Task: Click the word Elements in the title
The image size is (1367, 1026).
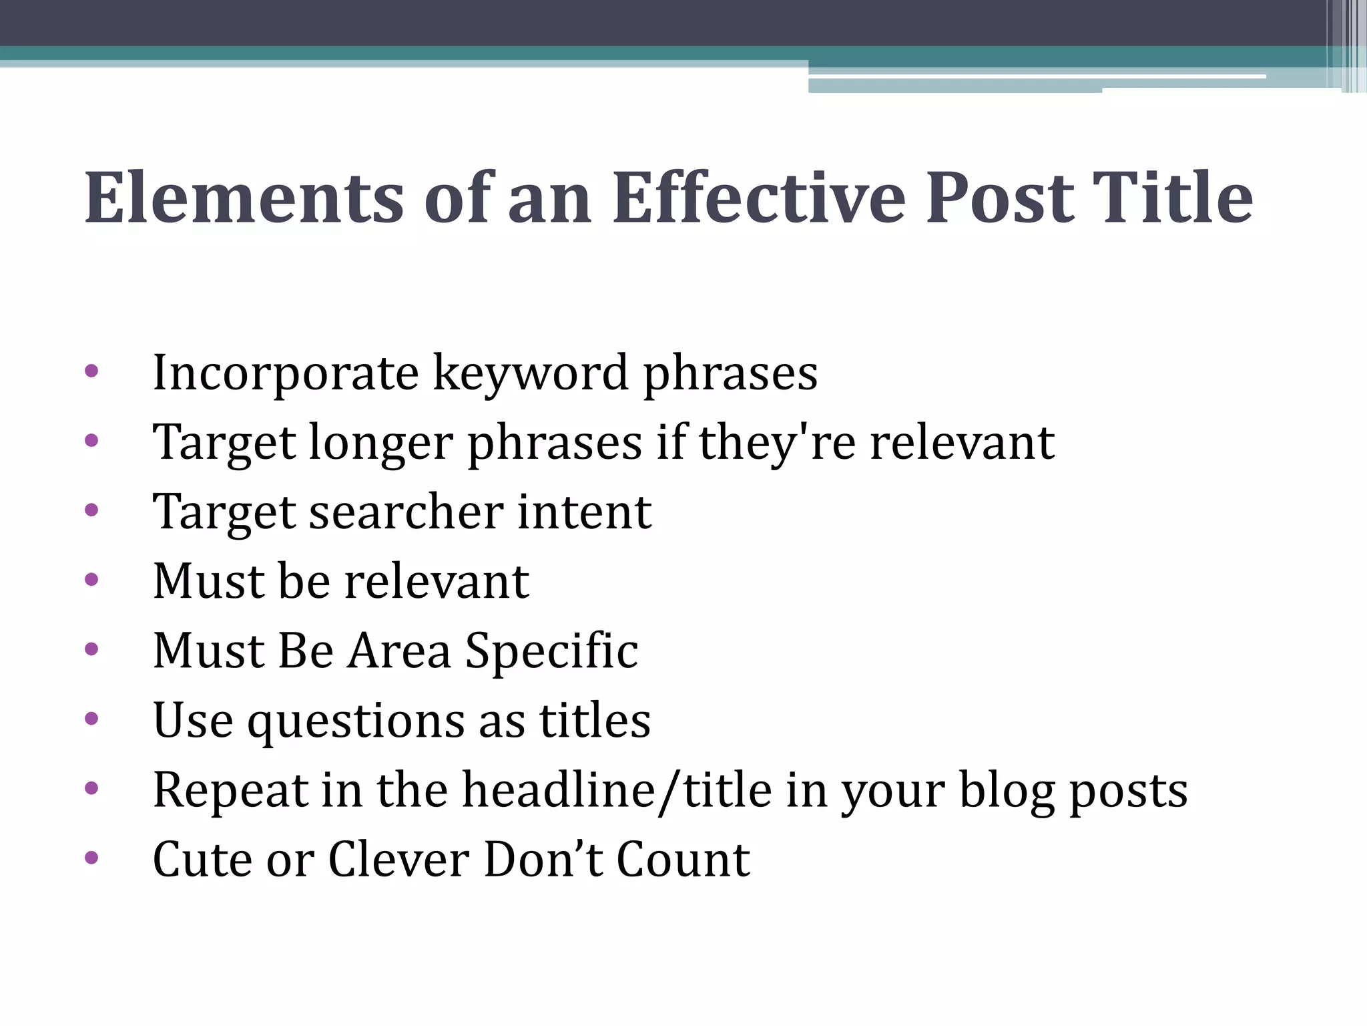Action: tap(244, 198)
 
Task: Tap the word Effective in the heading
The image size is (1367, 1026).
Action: tap(759, 198)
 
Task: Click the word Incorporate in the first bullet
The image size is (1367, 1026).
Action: tap(286, 373)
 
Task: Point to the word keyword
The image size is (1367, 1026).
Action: tap(531, 373)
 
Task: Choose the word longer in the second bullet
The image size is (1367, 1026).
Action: tap(381, 444)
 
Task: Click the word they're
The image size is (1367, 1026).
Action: tap(777, 444)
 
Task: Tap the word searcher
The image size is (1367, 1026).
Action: tap(406, 512)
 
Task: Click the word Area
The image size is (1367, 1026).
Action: tap(399, 651)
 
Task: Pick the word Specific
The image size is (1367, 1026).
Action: tap(551, 651)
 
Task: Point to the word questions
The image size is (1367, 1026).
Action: tap(356, 721)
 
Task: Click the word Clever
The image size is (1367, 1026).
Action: tap(398, 860)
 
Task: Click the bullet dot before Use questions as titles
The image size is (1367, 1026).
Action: tap(92, 719)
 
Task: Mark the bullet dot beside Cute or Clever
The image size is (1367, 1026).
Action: tap(92, 857)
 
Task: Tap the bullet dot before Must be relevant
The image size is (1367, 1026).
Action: tap(92, 579)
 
